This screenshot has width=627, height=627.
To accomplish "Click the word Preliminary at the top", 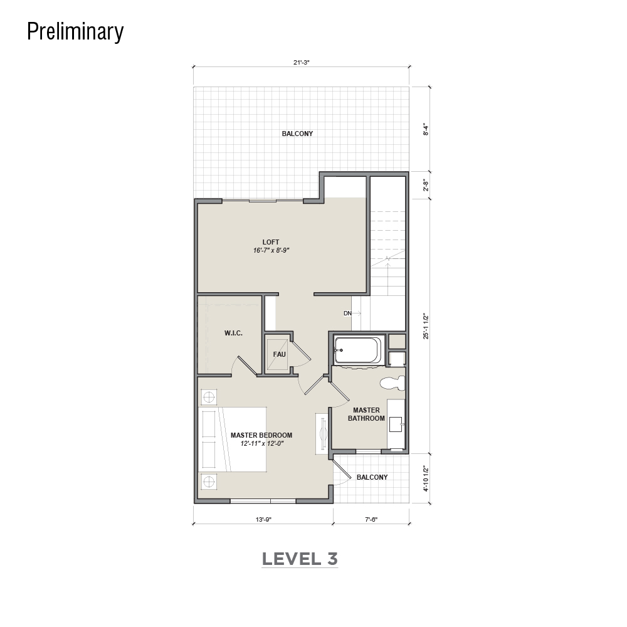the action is coord(75,31).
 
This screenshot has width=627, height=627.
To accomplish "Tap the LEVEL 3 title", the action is coord(300,559).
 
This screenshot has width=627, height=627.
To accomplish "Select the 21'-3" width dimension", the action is coord(302,62).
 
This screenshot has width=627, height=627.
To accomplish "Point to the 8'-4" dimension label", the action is coord(426,130).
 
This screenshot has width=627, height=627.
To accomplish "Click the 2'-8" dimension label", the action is coord(426,186).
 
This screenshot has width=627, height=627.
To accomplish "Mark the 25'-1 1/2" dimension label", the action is coord(426,326).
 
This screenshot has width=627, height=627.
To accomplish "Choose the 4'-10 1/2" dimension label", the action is coord(426,478).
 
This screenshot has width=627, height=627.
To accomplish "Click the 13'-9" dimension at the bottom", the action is coord(263,519).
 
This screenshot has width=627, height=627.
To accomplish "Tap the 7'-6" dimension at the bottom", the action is coord(371,519).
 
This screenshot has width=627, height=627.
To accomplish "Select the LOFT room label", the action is coord(271,242).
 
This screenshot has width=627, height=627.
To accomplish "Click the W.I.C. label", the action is coord(233,333).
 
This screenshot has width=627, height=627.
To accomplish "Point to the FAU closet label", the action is coord(279,354).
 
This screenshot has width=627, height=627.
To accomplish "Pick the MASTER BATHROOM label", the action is coord(366,414).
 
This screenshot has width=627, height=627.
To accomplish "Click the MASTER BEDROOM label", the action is coord(261,435).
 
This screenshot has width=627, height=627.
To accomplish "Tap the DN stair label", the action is coord(347,313).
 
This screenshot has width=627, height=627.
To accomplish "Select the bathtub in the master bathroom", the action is coord(358,350).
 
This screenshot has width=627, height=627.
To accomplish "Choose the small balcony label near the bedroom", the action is coord(372,477).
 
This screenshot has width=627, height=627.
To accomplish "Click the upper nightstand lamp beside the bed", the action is coord(208,398).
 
